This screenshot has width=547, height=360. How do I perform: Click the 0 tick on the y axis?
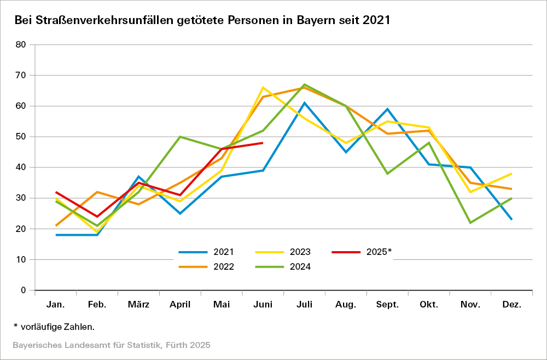point(24,290)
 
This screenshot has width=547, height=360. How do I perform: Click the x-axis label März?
point(138,305)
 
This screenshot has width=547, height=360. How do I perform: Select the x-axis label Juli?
point(304,305)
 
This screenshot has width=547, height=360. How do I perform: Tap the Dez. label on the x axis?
point(511,305)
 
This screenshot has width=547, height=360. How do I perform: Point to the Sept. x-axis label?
point(387,305)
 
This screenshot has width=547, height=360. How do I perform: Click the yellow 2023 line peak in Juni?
point(263,88)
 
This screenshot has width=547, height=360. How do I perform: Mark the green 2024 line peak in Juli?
point(304,84)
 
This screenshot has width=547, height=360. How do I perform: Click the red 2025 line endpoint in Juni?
point(263,143)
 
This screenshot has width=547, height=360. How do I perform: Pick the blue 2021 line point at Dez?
point(511,219)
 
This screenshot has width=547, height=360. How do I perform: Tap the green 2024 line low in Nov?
point(470,223)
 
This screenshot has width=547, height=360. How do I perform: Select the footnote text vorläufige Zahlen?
point(57,327)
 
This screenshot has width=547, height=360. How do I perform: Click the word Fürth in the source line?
point(166,346)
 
